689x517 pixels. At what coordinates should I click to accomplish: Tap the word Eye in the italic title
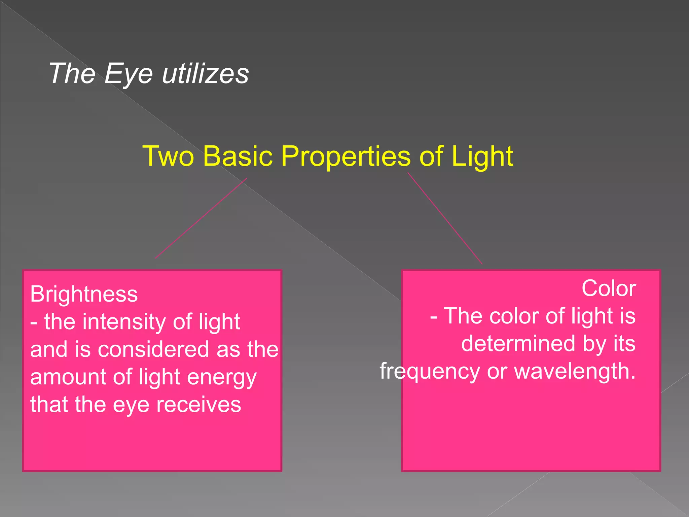(129, 74)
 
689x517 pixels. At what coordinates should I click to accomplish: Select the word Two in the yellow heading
(168, 156)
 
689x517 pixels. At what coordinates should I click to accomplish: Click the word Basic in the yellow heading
(238, 156)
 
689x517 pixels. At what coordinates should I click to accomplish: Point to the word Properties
(346, 157)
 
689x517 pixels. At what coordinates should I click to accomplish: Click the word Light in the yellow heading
(482, 156)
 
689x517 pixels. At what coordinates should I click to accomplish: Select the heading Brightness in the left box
(84, 294)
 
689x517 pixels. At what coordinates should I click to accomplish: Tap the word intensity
(124, 322)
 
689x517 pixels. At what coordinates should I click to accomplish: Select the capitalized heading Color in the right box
(609, 289)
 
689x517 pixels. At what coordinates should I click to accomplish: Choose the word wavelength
(575, 371)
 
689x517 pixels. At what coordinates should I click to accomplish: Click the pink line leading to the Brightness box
(201, 218)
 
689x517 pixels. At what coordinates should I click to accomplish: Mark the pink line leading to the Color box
(445, 218)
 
